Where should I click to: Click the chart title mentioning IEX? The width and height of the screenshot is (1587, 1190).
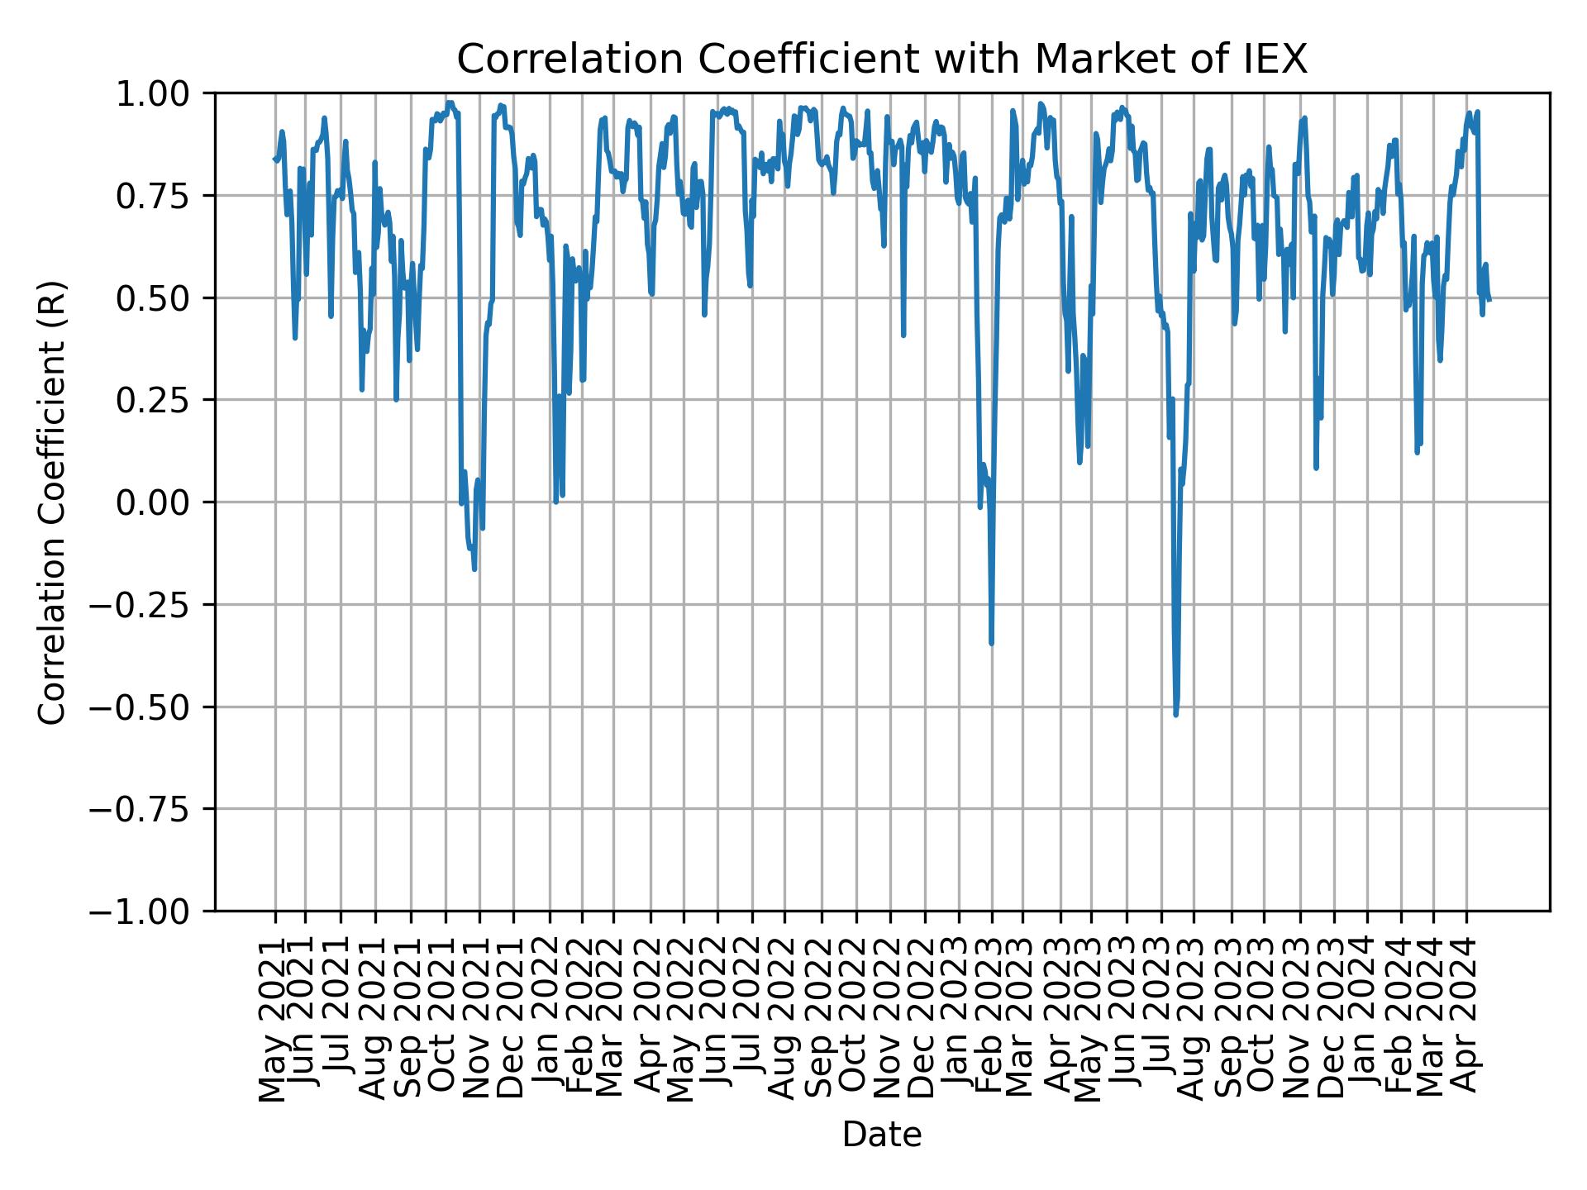(x=882, y=59)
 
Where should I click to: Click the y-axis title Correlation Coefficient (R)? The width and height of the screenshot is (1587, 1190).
(x=53, y=502)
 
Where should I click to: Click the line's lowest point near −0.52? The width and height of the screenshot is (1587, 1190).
(x=1175, y=715)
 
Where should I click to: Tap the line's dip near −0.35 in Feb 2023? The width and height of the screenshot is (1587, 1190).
(x=991, y=643)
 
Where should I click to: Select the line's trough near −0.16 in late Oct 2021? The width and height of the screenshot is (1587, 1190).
(x=474, y=569)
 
